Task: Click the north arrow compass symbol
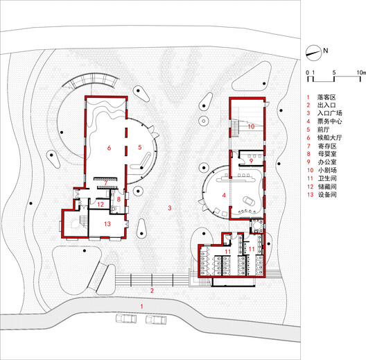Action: click(315, 51)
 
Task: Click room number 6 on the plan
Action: click(109, 148)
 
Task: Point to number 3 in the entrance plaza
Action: click(168, 208)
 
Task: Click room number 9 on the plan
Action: click(251, 162)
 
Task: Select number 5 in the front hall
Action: click(139, 147)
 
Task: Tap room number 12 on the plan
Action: click(101, 205)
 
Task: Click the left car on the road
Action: click(125, 318)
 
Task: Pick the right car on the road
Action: click(157, 319)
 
